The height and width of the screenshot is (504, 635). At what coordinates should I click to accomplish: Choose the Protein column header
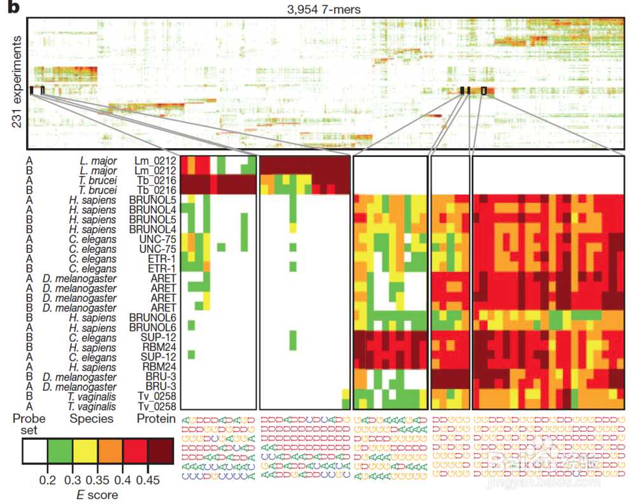[x=156, y=419]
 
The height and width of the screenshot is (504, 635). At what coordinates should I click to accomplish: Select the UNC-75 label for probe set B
[x=159, y=249]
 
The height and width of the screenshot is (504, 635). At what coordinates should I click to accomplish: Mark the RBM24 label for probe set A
[x=158, y=367]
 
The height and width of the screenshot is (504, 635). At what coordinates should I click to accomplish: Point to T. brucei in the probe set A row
[x=98, y=180]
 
